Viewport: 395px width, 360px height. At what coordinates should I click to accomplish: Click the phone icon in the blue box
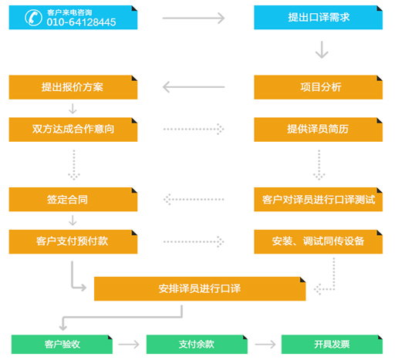pyautogui.click(x=33, y=18)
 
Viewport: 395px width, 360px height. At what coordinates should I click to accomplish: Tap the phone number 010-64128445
pyautogui.click(x=81, y=22)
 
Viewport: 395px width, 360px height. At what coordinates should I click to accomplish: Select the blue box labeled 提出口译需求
pyautogui.click(x=318, y=18)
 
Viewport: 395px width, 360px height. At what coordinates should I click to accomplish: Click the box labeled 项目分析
pyautogui.click(x=318, y=87)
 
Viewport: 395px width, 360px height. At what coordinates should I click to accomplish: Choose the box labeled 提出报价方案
pyautogui.click(x=73, y=87)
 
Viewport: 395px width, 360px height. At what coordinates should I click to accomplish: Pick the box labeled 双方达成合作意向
pyautogui.click(x=73, y=130)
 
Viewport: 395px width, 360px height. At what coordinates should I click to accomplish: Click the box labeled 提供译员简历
pyautogui.click(x=318, y=130)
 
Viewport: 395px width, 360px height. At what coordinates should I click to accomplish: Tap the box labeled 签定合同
pyautogui.click(x=73, y=200)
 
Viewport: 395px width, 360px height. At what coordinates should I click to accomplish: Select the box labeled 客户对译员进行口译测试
pyautogui.click(x=318, y=200)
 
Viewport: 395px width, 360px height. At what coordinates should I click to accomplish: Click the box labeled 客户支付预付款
pyautogui.click(x=73, y=242)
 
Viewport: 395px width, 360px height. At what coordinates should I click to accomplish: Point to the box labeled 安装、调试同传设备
pyautogui.click(x=318, y=242)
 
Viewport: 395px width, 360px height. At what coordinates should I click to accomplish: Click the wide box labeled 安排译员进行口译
pyautogui.click(x=200, y=289)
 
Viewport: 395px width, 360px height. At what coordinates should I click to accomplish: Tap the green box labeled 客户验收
pyautogui.click(x=62, y=345)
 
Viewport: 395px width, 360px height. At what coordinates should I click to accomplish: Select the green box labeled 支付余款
pyautogui.click(x=197, y=345)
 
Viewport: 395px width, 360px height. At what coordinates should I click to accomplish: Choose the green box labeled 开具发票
pyautogui.click(x=332, y=345)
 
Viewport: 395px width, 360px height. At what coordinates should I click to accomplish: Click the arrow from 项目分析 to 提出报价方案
pyautogui.click(x=194, y=87)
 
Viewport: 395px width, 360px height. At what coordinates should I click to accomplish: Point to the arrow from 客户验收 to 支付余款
pyautogui.click(x=129, y=345)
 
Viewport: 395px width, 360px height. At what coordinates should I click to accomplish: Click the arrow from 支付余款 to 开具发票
pyautogui.click(x=265, y=345)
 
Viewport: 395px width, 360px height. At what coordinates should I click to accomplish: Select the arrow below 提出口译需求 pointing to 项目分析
pyautogui.click(x=322, y=49)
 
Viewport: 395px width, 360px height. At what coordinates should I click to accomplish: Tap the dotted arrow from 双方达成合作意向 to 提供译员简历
pyautogui.click(x=194, y=129)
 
